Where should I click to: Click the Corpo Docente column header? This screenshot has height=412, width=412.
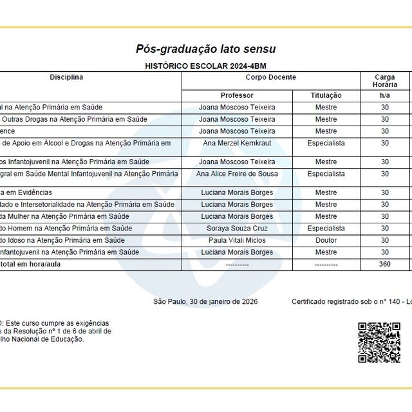pos(271,77)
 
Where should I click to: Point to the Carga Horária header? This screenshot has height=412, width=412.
pos(384,80)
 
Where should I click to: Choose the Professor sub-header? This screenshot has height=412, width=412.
pos(237,95)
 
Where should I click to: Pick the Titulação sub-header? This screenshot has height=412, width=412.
pos(326,95)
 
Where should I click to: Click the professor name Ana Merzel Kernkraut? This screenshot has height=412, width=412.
pos(237,143)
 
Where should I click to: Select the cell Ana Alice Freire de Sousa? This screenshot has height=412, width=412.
pos(237,174)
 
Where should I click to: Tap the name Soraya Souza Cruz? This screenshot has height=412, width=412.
pos(237,229)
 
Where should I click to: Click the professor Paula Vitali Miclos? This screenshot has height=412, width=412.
pos(237,240)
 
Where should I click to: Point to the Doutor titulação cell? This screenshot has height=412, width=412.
pos(326,240)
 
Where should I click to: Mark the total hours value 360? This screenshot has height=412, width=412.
pos(384,264)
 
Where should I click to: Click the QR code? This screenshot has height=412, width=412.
pos(379,342)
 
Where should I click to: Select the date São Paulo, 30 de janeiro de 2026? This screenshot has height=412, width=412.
pos(205,301)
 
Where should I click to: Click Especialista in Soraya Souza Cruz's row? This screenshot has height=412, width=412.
pos(326,229)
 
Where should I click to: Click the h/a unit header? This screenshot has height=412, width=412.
pos(384,95)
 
